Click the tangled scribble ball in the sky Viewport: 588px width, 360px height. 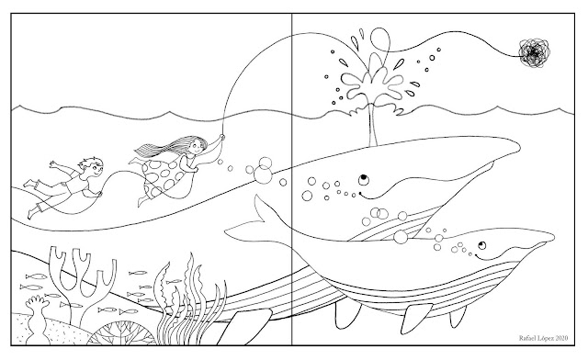[534, 53]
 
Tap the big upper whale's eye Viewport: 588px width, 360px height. [364, 180]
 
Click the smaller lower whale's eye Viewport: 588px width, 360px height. [481, 246]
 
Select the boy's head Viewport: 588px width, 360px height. [91, 167]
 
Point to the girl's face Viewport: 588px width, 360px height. [196, 147]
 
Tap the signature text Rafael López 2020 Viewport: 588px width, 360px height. [543, 338]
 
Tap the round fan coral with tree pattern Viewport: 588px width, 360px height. [122, 333]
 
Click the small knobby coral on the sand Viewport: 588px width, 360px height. [39, 319]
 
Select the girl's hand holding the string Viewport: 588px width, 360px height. [221, 138]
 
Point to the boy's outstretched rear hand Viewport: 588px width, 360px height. [53, 164]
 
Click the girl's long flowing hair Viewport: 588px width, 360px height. [169, 146]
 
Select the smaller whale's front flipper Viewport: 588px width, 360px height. [415, 318]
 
